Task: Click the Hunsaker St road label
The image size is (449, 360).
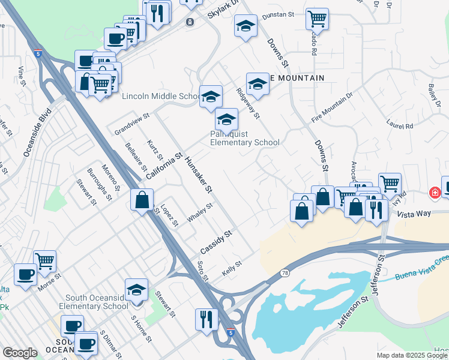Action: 199,175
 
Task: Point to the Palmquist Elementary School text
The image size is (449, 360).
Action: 244,139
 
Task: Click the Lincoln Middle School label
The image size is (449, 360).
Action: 161,97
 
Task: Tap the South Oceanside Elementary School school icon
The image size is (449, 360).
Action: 137,289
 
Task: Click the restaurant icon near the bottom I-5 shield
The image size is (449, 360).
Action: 206,318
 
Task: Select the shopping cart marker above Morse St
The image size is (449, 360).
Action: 44,260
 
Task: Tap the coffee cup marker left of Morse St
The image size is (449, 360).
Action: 25,274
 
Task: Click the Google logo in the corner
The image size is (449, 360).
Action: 20,353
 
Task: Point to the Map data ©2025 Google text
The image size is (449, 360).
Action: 412,355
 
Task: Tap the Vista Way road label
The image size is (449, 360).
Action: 415,214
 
